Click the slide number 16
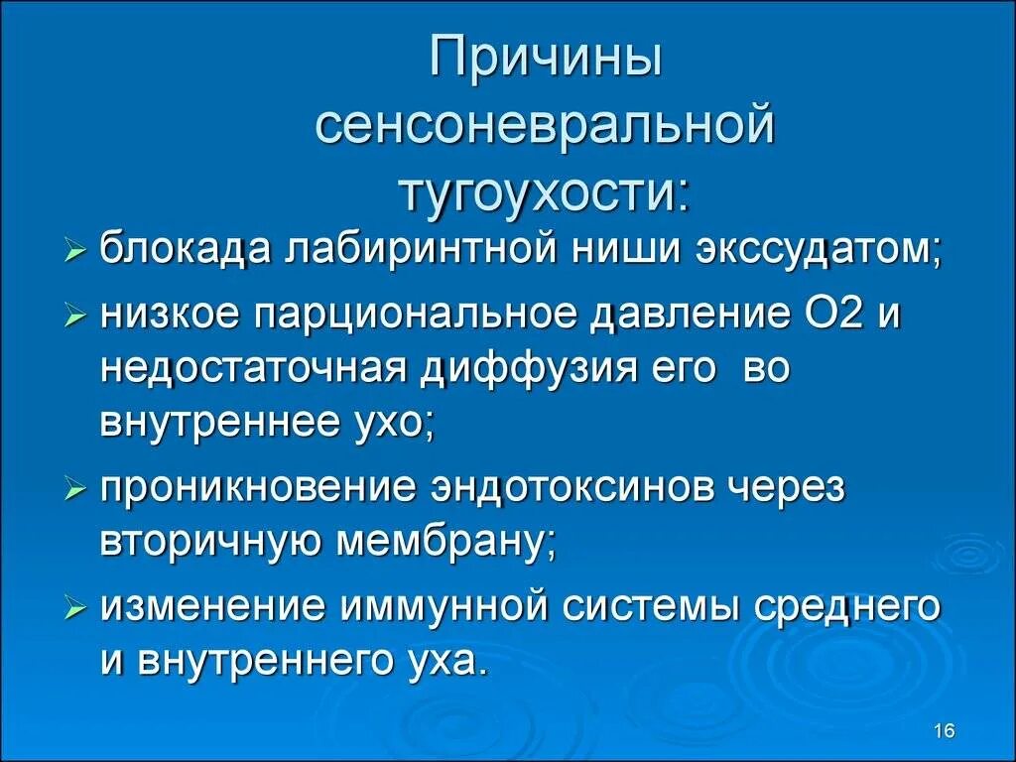point(944,731)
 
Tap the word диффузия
point(542,368)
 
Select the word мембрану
point(452,543)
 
